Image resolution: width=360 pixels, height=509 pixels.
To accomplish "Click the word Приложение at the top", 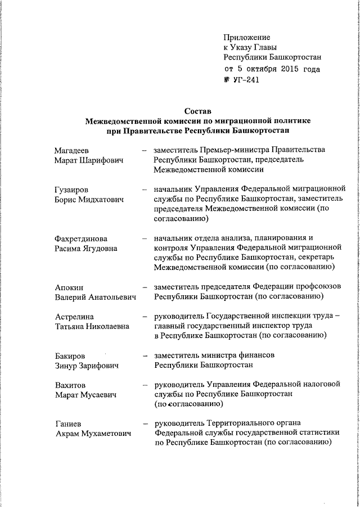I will (247, 37).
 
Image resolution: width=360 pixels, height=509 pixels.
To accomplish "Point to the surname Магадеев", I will (71, 150).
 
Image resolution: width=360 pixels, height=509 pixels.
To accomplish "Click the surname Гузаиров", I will (71, 190).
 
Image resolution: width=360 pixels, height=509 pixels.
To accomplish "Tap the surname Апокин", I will (69, 287).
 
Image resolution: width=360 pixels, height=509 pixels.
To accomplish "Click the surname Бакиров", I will (70, 356).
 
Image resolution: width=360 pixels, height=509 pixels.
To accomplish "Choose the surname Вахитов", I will (70, 385).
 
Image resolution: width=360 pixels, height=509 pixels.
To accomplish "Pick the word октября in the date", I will (259, 69).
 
